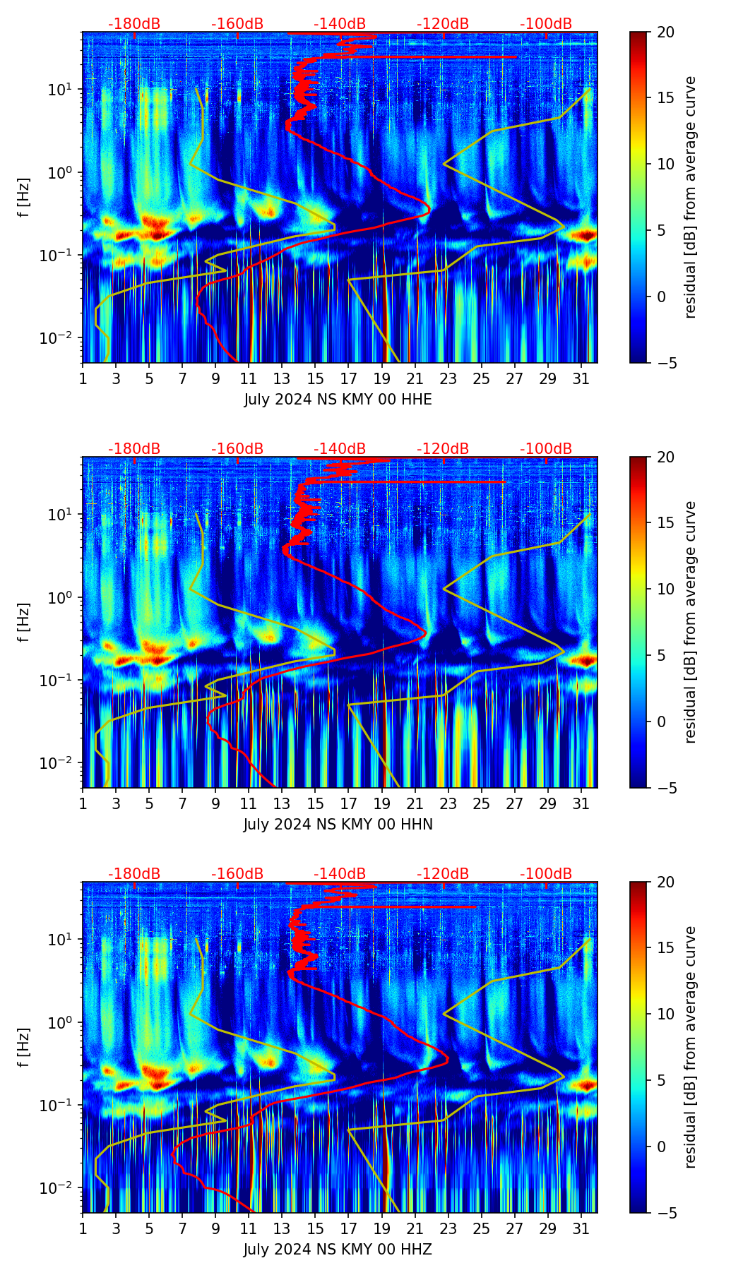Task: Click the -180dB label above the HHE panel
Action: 134,24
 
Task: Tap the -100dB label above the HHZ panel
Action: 546,874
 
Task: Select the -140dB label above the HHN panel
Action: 340,449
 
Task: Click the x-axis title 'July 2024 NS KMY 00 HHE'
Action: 338,400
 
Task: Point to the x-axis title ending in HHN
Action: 338,825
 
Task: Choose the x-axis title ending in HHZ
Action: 338,1250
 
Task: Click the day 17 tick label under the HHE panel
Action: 349,378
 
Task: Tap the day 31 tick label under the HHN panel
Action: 581,803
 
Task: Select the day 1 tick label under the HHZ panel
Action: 83,1228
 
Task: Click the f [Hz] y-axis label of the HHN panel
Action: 24,622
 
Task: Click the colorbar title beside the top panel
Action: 691,197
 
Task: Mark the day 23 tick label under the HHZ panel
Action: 448,1228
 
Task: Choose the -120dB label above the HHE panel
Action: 443,24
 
